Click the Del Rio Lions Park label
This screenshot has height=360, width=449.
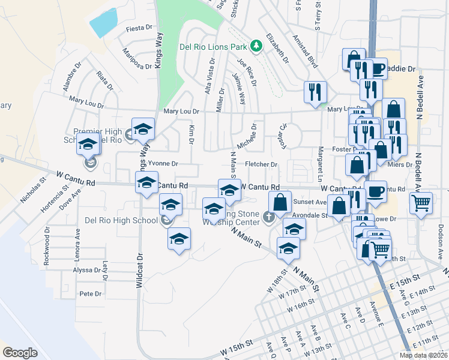tap(214, 47)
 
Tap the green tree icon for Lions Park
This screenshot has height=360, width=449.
tap(256, 46)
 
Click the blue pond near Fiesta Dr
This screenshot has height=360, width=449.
tap(104, 23)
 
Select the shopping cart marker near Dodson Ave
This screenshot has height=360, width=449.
tap(421, 203)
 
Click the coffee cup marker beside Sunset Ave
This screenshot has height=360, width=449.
tap(376, 192)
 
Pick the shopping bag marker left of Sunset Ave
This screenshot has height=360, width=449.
tap(280, 202)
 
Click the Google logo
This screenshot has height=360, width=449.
tap(20, 353)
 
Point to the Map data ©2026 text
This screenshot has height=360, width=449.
tap(423, 355)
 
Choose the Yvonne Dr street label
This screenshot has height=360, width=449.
tap(163, 163)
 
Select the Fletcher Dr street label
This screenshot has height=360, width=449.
tap(261, 164)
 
